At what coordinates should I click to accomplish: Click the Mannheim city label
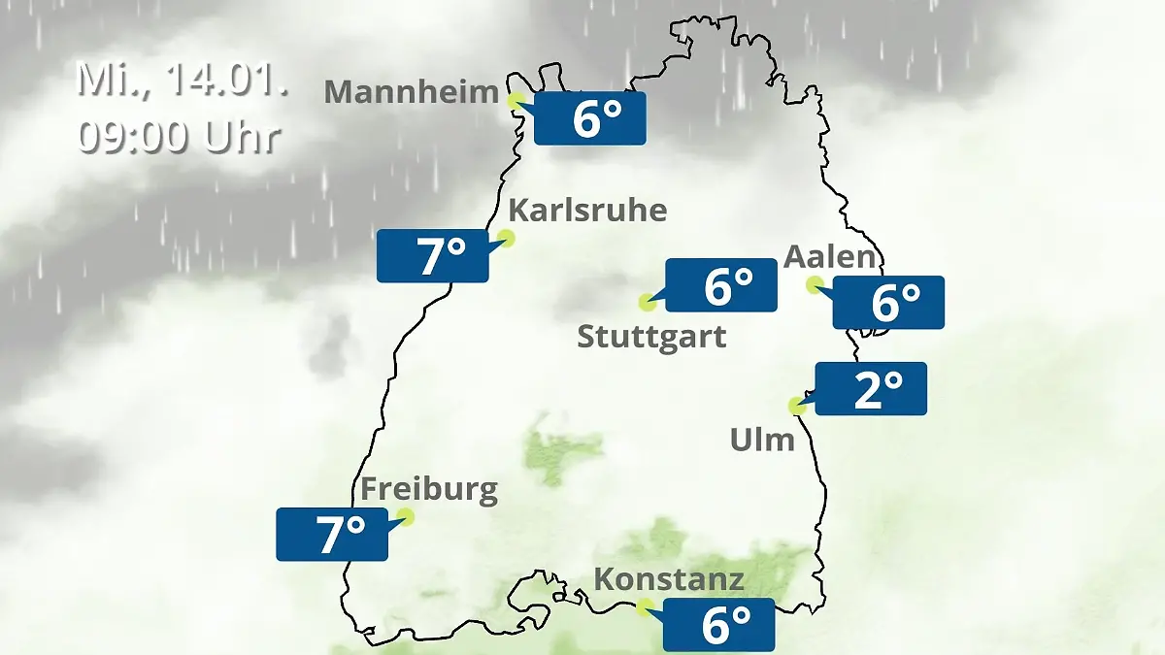click(412, 92)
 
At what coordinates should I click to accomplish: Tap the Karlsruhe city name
click(587, 211)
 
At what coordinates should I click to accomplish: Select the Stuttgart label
click(651, 338)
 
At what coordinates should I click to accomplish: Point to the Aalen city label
click(830, 257)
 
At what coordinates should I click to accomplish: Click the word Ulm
click(762, 441)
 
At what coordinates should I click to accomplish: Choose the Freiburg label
click(429, 489)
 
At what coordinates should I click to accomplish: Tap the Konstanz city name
click(669, 580)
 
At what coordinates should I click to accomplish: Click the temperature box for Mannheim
click(590, 118)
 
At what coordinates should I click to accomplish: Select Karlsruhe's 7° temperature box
click(433, 256)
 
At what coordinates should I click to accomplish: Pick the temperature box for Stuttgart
click(721, 285)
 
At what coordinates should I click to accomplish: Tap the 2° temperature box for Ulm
click(872, 388)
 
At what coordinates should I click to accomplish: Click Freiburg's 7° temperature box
click(332, 534)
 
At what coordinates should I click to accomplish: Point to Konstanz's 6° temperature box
click(718, 624)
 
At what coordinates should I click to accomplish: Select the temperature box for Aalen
click(888, 302)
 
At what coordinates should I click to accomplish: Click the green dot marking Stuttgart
click(647, 302)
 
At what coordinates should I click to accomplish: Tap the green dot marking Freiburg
click(406, 517)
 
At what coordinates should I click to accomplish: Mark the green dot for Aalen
click(815, 284)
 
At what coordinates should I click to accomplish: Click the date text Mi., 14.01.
click(183, 80)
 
